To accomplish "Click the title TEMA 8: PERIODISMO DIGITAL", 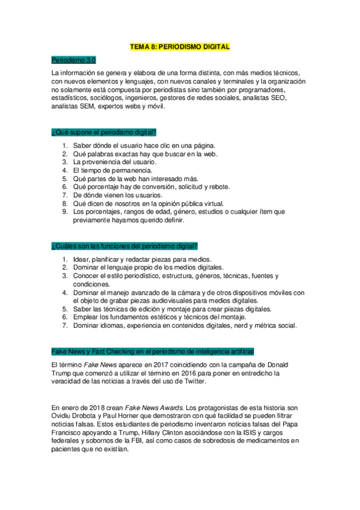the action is [180, 46].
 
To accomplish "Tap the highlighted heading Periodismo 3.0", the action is [73, 61].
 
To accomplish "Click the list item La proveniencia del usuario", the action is [114, 162].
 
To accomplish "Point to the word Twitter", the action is [194, 381].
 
